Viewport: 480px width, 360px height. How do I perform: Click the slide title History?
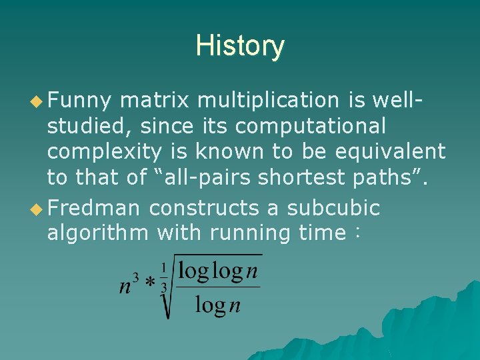240,46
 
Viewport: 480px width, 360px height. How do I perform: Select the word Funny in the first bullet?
79,100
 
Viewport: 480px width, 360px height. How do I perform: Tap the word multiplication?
269,100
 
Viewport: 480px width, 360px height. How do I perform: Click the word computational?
311,125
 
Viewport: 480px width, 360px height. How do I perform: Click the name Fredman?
93,207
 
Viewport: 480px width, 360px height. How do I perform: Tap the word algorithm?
99,233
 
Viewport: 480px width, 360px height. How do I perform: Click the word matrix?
156,100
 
